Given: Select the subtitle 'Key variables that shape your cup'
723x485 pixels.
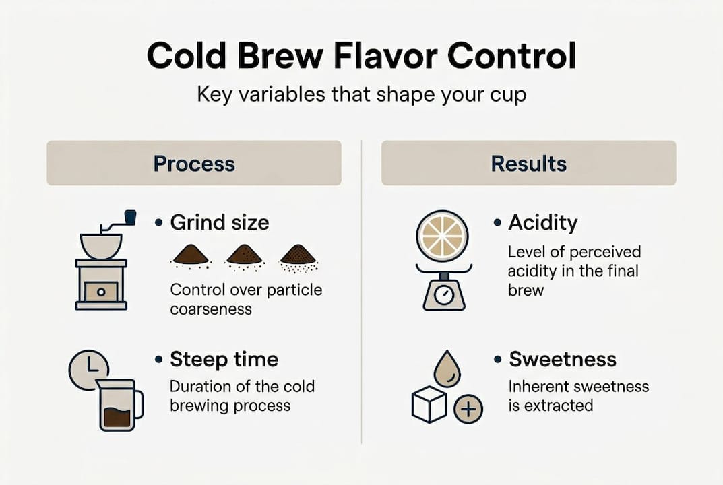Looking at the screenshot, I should pos(361,94).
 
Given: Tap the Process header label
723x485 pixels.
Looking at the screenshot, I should pos(193,163).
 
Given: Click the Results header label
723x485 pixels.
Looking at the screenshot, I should pos(528,163).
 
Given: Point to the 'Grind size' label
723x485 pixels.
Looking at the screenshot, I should pos(219,222).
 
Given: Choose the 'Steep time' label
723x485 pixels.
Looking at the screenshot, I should pos(224,359).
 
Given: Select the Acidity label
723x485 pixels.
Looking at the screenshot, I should pos(543,222).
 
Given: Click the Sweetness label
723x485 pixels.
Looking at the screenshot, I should pos(562,359).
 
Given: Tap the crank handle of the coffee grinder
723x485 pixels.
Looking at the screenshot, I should pos(129,217).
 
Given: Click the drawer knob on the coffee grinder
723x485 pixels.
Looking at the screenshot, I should pos(100,292).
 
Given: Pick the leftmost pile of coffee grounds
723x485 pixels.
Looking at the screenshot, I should pos(191,255).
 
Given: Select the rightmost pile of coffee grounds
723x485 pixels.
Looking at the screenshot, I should pos(297,255).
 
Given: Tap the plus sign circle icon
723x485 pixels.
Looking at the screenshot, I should pos(468,408).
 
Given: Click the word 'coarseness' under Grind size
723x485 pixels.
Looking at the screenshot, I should pos(210,309).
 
